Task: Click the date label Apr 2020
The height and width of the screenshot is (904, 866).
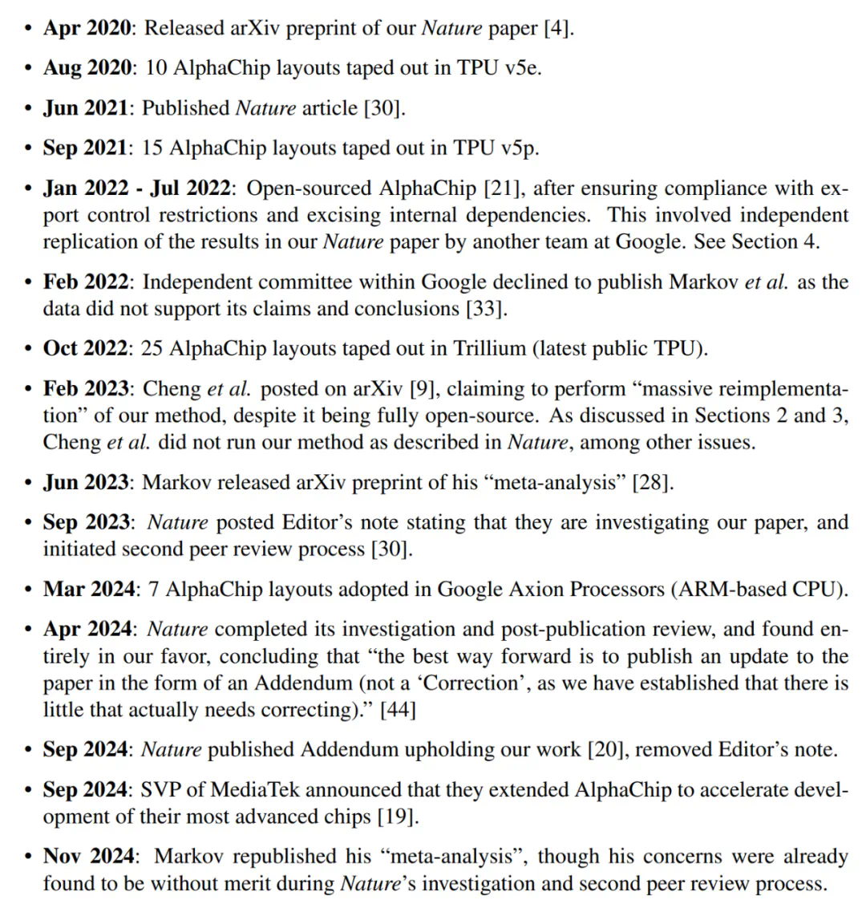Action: (87, 28)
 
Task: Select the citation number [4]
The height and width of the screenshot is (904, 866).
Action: (558, 28)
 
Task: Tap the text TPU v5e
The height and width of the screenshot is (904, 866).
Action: (499, 68)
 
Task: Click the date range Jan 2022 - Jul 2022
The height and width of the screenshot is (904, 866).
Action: (139, 189)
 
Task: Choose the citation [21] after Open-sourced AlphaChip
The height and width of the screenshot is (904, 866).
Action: (502, 189)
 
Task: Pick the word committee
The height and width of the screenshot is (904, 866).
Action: (311, 282)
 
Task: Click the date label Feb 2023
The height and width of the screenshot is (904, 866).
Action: (87, 389)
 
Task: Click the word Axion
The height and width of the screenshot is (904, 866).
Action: (480, 590)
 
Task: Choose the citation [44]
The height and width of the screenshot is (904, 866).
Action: (398, 710)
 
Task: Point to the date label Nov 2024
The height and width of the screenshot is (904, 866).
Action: (89, 857)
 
